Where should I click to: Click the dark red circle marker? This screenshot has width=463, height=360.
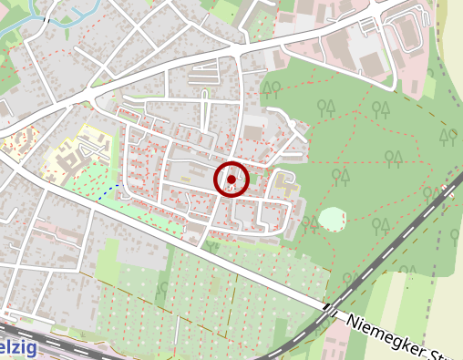pos(231,180)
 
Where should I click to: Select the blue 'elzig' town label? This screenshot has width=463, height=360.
pos(18,348)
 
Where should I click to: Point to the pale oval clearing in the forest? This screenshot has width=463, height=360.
pos(332,219)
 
